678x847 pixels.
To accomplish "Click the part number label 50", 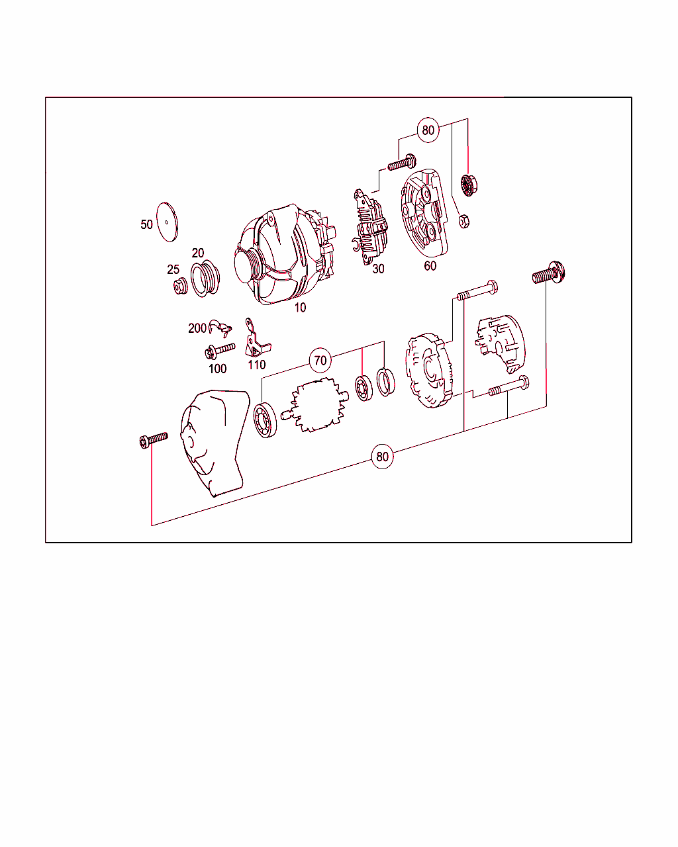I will pos(146,224).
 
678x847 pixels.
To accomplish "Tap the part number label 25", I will pos(173,269).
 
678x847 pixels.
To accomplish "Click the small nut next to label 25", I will pos(179,286).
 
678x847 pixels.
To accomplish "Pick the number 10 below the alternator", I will pos(301,307).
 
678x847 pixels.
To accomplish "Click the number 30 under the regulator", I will pos(378,269).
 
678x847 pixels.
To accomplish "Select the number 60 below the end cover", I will pos(430,266).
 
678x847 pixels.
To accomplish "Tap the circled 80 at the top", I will pos(428,130).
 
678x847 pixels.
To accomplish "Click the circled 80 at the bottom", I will pos(382,457).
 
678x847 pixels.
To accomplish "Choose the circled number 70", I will pos(320,361).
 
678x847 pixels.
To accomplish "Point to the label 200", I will pos(197,328).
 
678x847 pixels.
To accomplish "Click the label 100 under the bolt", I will pos(217,369).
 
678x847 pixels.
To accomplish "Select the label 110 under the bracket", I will pos(256,364).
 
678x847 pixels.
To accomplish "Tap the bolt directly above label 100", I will pos(220,350).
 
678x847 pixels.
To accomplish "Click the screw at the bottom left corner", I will pos(153,439).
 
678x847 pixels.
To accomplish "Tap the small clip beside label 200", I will pos(218,325).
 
